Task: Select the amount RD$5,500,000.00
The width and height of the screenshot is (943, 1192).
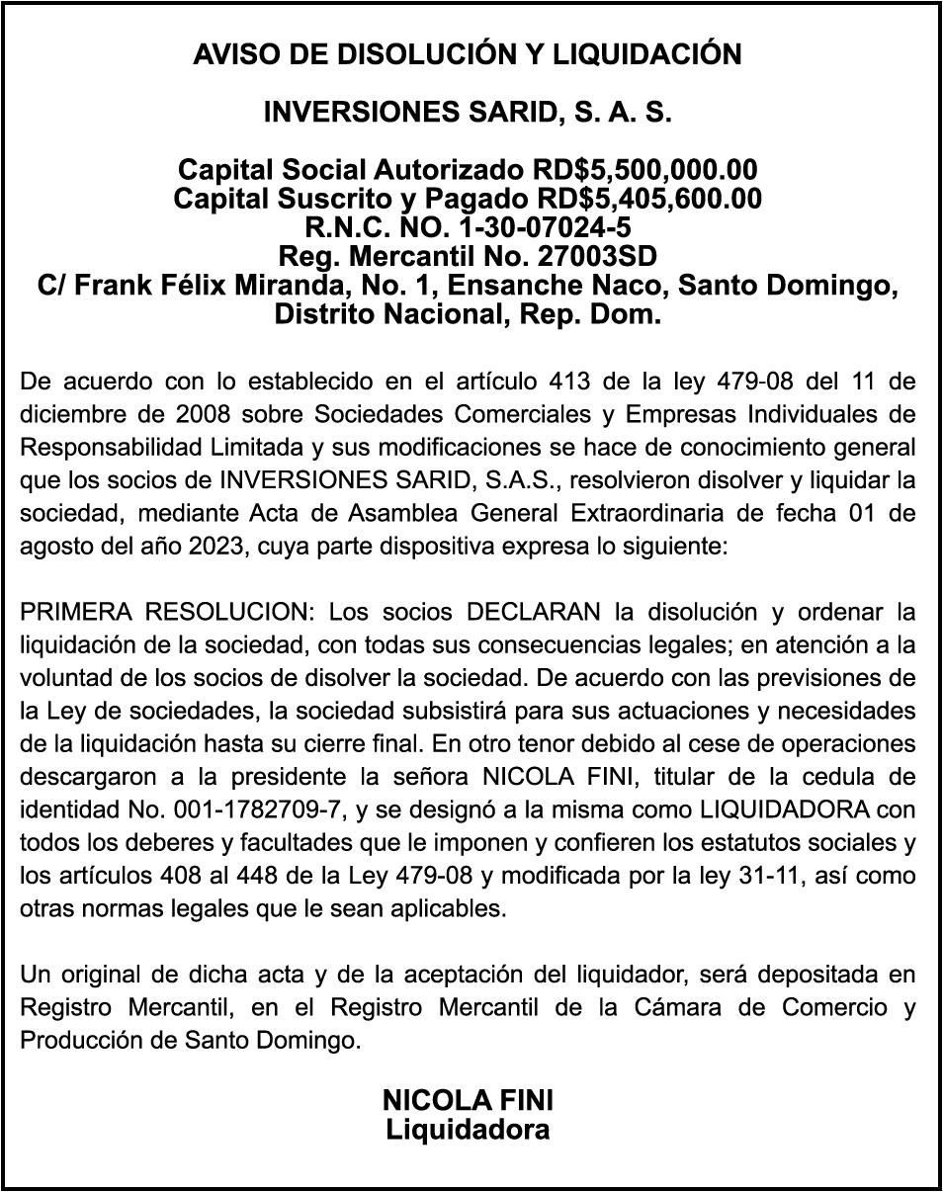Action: (644, 169)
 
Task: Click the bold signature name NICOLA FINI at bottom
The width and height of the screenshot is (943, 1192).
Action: (468, 1100)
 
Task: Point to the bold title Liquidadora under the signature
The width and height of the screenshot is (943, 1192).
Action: (468, 1129)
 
